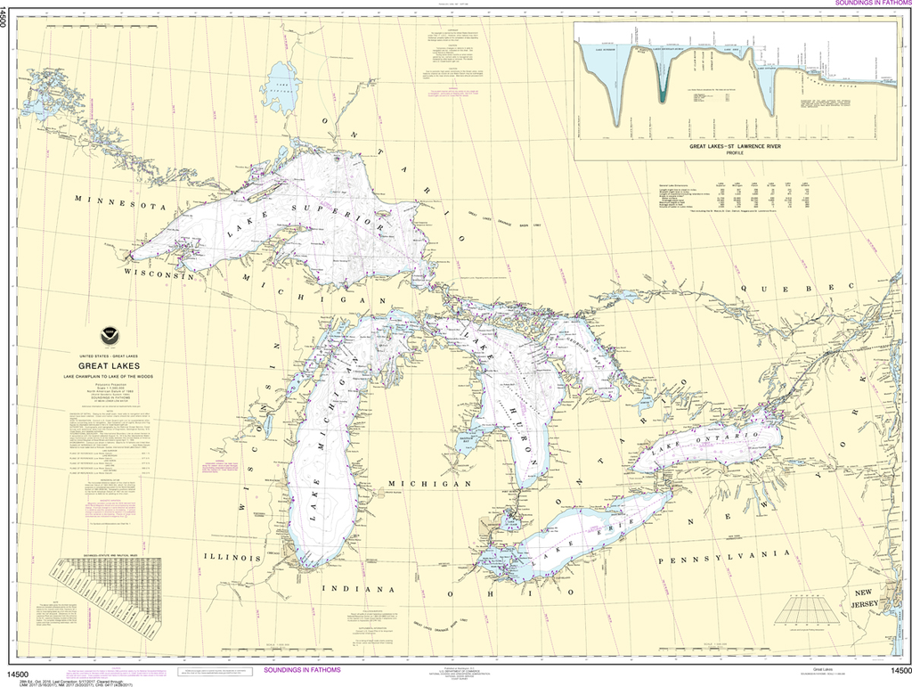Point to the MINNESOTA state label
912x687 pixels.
(x=120, y=201)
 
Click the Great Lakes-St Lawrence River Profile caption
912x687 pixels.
(x=735, y=146)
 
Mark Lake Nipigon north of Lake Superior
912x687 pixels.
(x=281, y=86)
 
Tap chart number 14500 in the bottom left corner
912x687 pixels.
(x=20, y=671)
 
